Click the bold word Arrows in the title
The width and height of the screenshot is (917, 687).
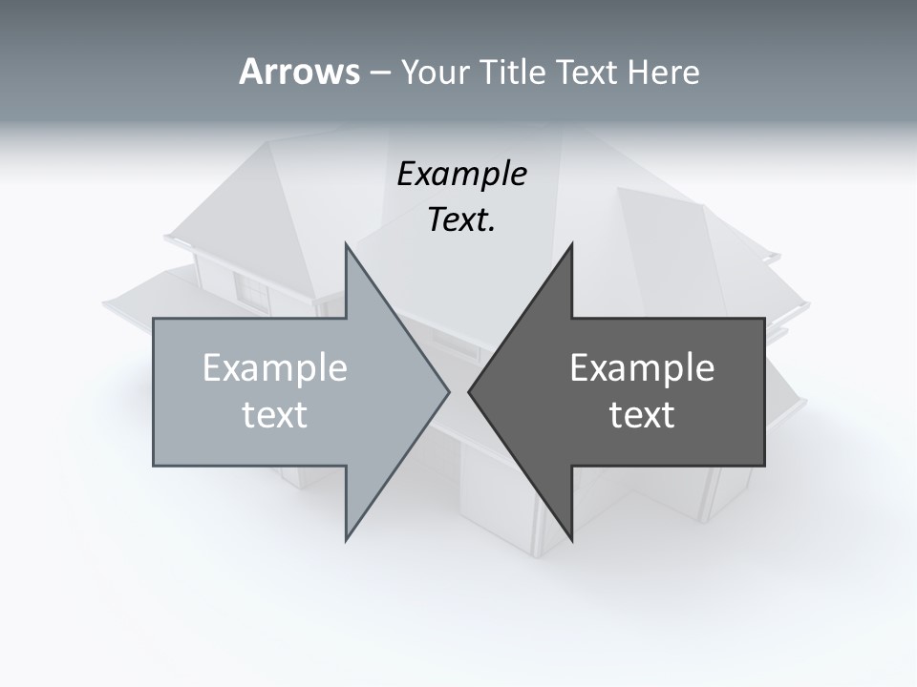(x=299, y=72)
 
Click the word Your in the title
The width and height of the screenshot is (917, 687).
(x=431, y=72)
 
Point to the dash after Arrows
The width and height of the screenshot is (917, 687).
(x=379, y=73)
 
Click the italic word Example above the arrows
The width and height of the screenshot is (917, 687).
(x=461, y=175)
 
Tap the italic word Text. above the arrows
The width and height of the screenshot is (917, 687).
(x=461, y=220)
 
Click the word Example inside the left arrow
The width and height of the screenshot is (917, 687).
(x=275, y=368)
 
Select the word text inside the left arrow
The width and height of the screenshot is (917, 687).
(x=275, y=415)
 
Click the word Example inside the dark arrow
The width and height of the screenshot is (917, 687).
(x=642, y=368)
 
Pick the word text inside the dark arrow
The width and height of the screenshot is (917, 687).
(x=642, y=415)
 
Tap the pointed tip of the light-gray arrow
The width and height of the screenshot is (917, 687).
(x=448, y=391)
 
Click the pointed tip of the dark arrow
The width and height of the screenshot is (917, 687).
(x=470, y=391)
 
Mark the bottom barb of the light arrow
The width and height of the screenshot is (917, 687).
(x=347, y=537)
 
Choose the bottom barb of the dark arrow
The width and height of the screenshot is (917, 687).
(x=571, y=537)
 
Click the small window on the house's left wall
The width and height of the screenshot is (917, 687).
(x=252, y=290)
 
